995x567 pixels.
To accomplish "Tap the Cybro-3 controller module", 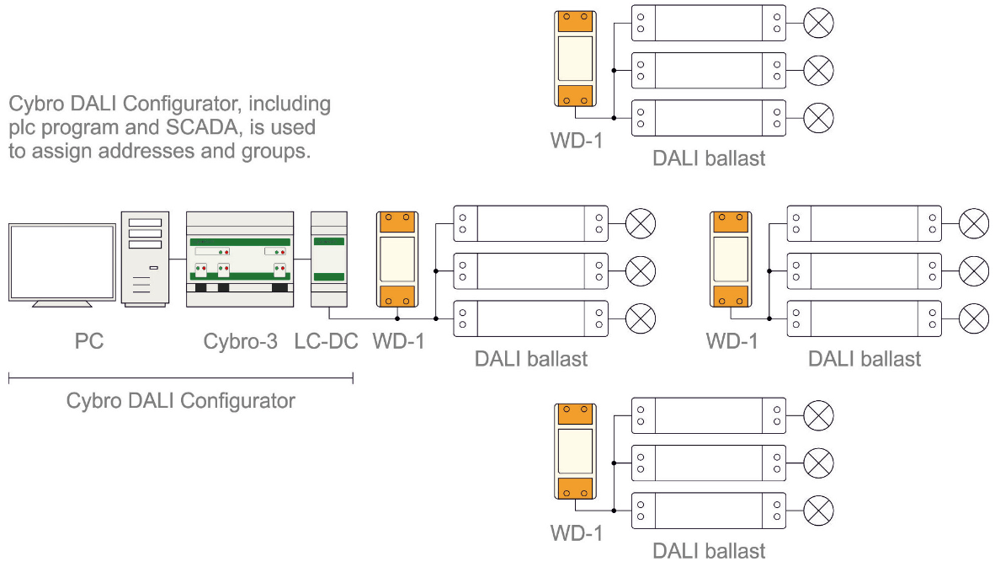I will (x=239, y=258).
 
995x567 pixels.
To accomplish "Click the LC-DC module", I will (x=328, y=258).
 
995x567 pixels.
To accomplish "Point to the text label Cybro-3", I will (x=240, y=342).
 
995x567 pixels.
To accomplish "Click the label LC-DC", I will (x=327, y=342).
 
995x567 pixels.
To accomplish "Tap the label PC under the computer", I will (x=88, y=342).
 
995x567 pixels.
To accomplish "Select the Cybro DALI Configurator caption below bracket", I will (x=181, y=400).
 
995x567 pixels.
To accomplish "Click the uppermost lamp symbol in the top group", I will (x=818, y=24).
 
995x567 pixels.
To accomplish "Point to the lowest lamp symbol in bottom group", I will (x=818, y=510).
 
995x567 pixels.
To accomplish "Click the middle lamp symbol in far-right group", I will (x=975, y=270).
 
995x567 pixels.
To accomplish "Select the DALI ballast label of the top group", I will (x=709, y=158).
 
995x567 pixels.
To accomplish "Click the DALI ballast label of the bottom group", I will (x=709, y=551).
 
